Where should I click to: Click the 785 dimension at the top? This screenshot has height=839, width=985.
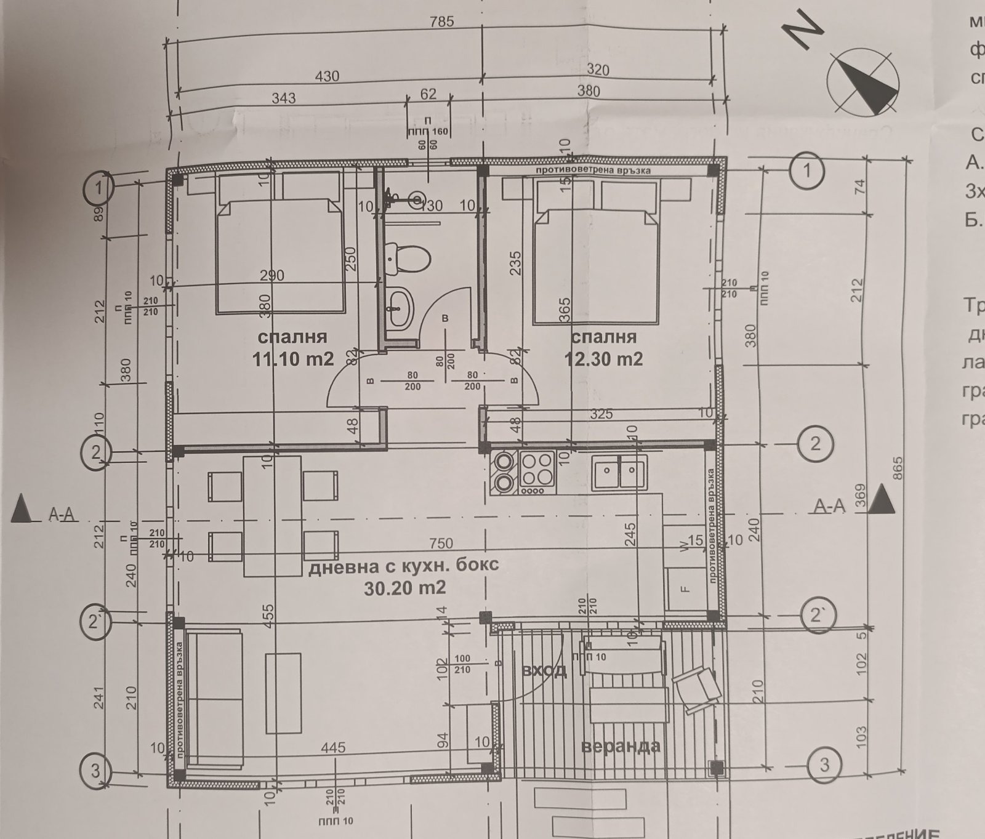[x=442, y=22]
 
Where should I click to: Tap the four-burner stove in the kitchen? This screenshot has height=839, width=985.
[x=537, y=472]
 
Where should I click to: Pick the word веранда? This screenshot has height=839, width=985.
[x=621, y=746]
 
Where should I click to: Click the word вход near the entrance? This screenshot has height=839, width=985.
[x=544, y=670]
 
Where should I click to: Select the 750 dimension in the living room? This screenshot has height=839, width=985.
[x=441, y=544]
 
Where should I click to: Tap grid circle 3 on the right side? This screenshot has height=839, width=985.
[x=824, y=765]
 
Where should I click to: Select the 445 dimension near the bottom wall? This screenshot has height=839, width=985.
[x=333, y=748]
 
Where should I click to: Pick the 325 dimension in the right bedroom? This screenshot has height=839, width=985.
[x=601, y=414]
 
